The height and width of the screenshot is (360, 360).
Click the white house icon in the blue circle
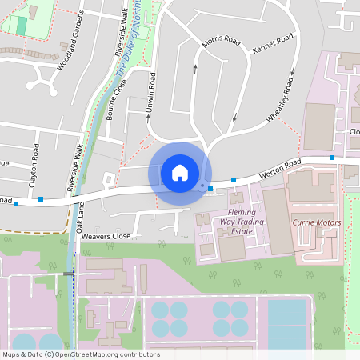click(180, 172)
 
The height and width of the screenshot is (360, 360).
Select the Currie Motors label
click(317, 222)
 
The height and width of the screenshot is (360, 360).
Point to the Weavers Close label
click(106, 237)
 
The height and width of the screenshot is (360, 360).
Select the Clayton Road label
click(34, 165)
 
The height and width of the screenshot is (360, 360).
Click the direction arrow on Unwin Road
click(148, 117)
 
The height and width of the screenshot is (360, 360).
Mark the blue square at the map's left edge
click(16, 203)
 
